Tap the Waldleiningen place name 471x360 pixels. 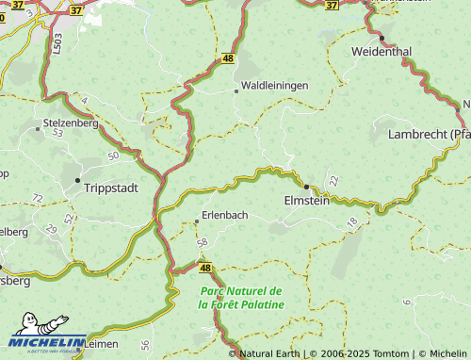(x=275, y=86)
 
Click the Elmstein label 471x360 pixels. (x=308, y=201)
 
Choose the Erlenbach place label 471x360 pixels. (x=224, y=215)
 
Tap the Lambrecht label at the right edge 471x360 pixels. (x=429, y=135)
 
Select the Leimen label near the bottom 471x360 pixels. (x=100, y=345)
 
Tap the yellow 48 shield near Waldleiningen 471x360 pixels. (x=228, y=58)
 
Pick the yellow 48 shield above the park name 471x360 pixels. (x=207, y=268)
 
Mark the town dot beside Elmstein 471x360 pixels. (x=306, y=187)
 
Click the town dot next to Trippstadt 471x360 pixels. (x=76, y=179)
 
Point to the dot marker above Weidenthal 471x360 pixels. (x=382, y=38)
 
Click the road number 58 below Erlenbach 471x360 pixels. (x=202, y=243)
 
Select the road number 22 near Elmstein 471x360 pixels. (x=333, y=180)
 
